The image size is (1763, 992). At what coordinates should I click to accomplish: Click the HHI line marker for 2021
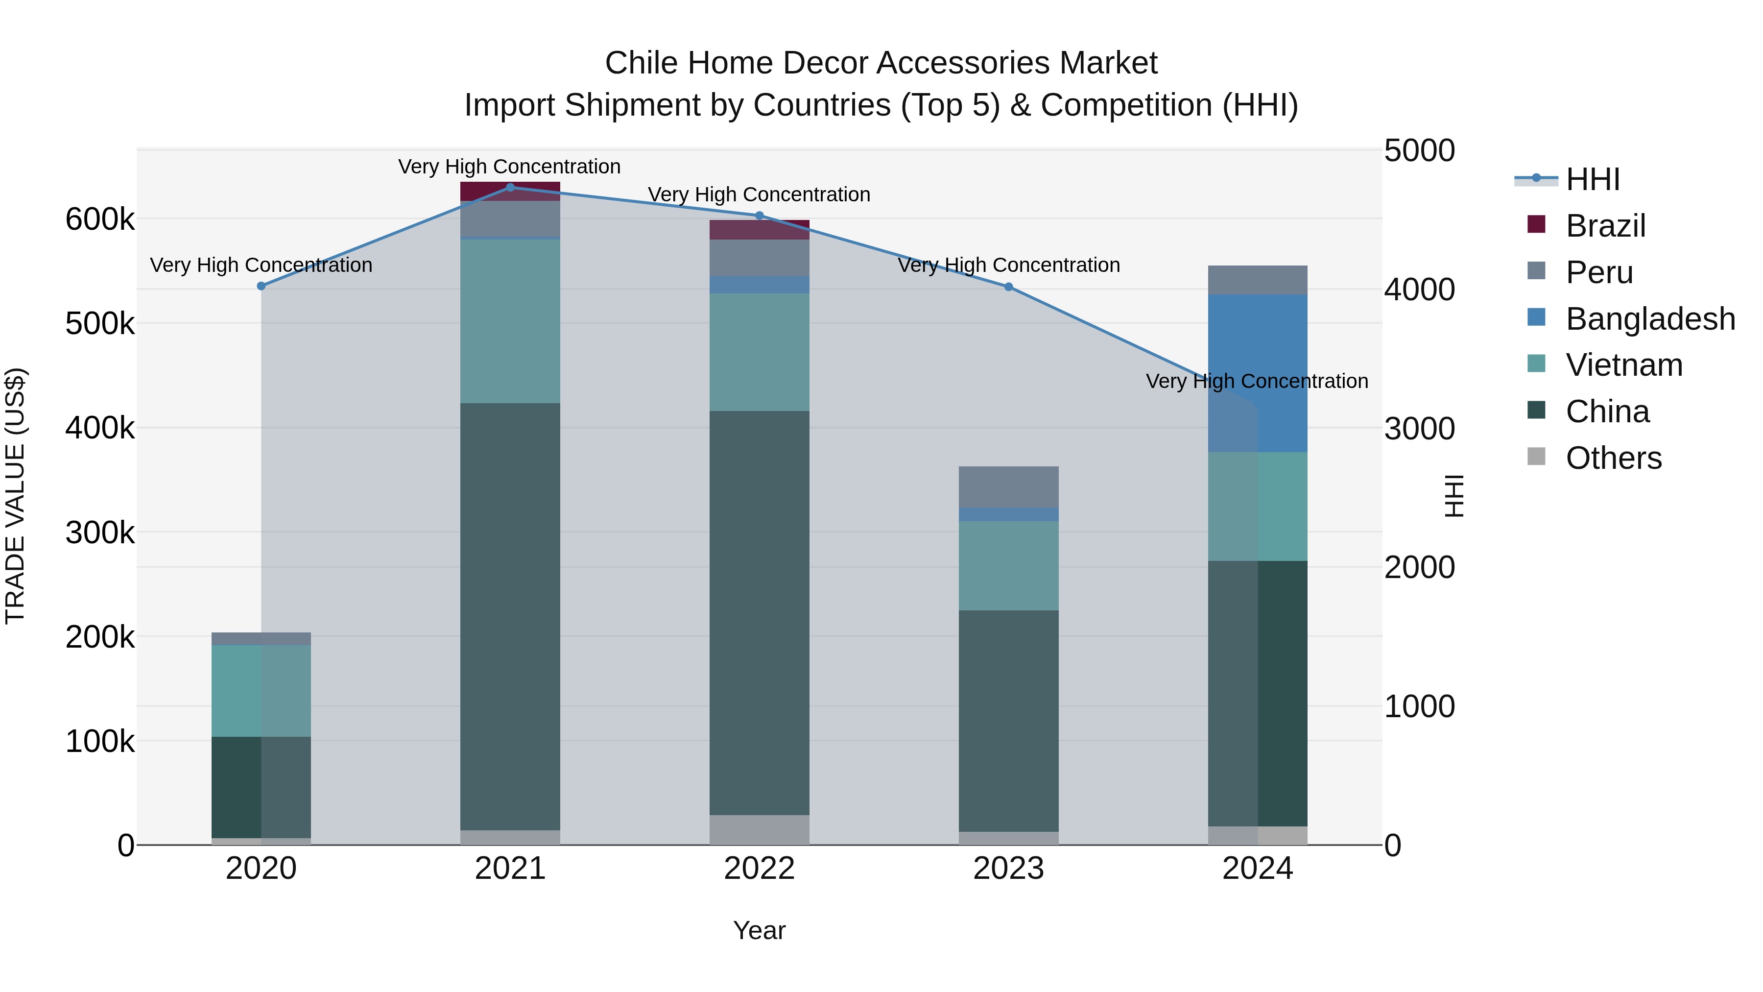pos(510,187)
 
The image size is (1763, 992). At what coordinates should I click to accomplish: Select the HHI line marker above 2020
pos(261,286)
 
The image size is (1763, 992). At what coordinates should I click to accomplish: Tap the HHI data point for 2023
pos(1009,287)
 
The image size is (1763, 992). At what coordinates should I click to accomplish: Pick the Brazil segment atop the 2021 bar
pos(510,191)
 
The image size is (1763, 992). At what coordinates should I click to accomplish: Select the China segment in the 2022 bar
pos(759,613)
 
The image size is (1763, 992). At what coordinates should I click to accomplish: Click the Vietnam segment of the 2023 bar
pos(1009,565)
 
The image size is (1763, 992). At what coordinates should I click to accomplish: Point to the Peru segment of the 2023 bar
pos(1009,486)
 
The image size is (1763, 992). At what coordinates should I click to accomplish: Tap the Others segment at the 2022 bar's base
pos(759,830)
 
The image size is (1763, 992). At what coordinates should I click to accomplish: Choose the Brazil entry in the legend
pos(1605,226)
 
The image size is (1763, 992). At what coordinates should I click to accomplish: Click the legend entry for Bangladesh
pos(1650,319)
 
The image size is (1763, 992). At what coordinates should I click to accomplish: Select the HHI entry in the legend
pos(1592,179)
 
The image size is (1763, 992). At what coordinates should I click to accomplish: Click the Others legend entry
pos(1613,458)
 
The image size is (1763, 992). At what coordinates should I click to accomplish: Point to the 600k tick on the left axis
pos(100,220)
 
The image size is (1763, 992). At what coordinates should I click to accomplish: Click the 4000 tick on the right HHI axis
pos(1419,290)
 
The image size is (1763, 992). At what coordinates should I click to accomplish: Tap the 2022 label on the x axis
pos(759,869)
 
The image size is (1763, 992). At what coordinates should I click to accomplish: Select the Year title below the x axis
pos(759,930)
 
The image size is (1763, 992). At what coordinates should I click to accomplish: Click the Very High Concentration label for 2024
pos(1257,381)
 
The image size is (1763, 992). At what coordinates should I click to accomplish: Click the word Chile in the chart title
pos(642,63)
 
